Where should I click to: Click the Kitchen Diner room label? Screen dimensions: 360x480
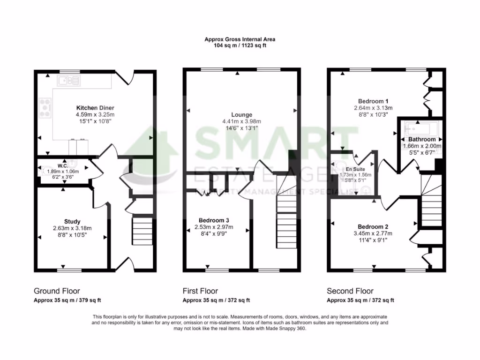tap(95, 108)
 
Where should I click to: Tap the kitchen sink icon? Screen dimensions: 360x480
tap(69, 81)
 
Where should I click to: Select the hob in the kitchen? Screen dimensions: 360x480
tap(46, 107)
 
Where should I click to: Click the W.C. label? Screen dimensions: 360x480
tap(63, 166)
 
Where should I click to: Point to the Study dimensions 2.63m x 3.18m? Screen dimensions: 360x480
tap(72, 228)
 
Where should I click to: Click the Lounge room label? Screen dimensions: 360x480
tap(241, 114)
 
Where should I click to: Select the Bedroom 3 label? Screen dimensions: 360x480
tap(214, 220)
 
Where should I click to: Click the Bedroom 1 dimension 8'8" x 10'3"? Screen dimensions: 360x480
tap(373, 114)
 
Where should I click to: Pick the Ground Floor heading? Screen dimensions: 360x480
tap(57, 291)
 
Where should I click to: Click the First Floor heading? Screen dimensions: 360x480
tap(200, 291)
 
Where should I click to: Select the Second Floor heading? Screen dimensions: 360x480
tap(350, 291)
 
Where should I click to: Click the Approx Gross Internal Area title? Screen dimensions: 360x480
tap(240, 40)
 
